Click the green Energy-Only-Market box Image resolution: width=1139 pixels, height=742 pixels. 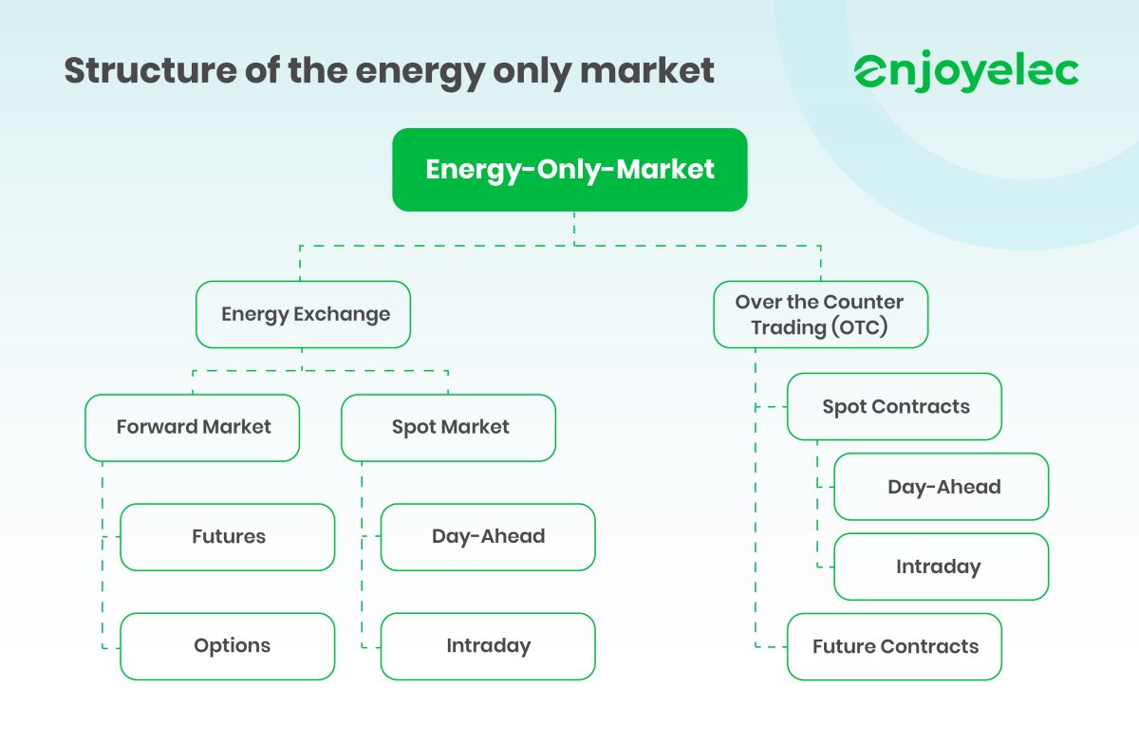tap(569, 170)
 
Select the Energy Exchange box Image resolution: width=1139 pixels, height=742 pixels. tap(304, 314)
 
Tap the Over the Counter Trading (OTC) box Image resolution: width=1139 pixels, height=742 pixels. tap(820, 314)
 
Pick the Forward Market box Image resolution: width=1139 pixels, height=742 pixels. tap(193, 428)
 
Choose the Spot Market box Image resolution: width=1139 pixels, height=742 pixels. tap(449, 428)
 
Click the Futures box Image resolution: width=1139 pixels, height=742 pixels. tap(228, 537)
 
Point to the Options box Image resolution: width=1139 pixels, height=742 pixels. tap(228, 646)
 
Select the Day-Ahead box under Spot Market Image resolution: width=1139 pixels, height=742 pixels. tap(488, 537)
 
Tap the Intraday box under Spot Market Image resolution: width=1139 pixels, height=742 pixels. tap(488, 646)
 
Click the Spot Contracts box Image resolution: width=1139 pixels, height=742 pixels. tap(895, 407)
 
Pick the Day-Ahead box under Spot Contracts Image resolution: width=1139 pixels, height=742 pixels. tap(942, 487)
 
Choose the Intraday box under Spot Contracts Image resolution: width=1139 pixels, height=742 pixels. tap(942, 566)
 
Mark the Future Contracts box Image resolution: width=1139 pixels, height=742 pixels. tap(895, 647)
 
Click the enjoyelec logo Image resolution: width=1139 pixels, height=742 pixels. tap(966, 72)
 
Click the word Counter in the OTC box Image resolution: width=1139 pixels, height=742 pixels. tap(863, 302)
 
